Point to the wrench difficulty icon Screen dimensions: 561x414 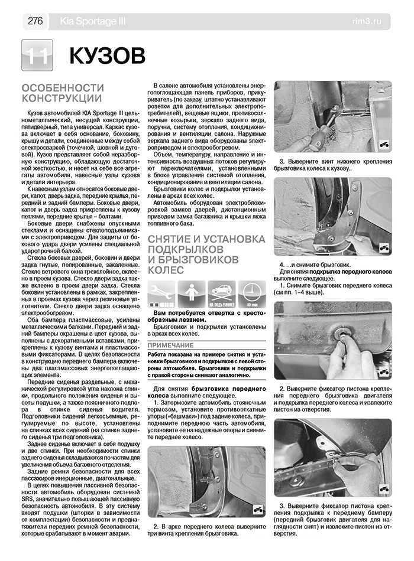pyautogui.click(x=161, y=295)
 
